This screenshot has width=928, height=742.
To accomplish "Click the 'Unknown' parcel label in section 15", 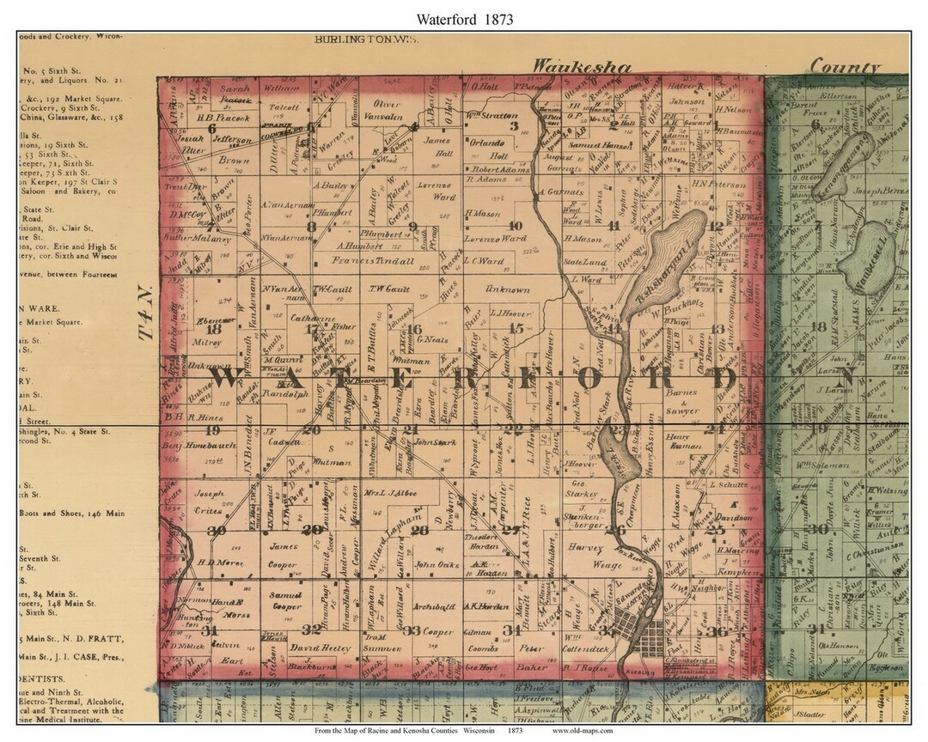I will click(508, 289).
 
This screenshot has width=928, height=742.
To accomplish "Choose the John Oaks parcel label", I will click(437, 564).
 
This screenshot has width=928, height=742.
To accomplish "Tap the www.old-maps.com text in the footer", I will click(583, 731).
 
